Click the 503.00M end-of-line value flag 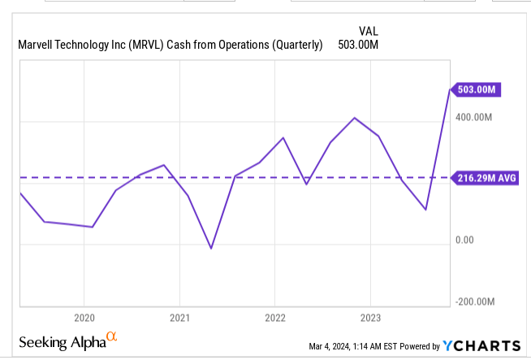(x=475, y=90)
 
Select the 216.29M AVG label (x=485, y=177)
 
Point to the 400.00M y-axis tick (x=475, y=118)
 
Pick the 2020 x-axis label (x=84, y=317)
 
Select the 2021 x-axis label (x=179, y=317)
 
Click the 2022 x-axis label (x=274, y=317)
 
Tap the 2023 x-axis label (x=370, y=317)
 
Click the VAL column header (x=368, y=31)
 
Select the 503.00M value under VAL (x=358, y=45)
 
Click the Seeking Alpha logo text (x=62, y=341)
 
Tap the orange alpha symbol (x=112, y=337)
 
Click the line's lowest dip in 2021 (x=211, y=248)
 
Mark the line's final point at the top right (x=449, y=89)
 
